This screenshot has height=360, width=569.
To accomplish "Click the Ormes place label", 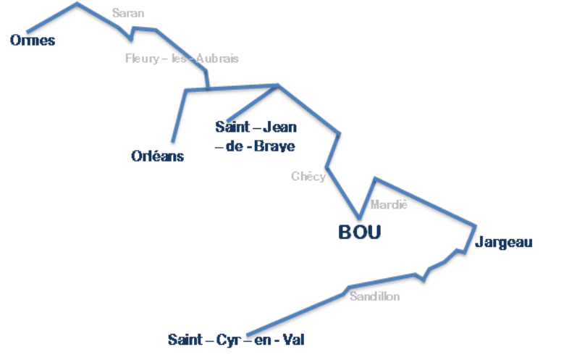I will tap(33, 41).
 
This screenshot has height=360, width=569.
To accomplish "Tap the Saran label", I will tap(128, 13).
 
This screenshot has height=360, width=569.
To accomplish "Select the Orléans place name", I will tap(157, 156).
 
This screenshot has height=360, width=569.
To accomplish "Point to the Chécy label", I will tap(308, 176).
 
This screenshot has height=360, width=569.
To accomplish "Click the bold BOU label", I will tap(360, 233).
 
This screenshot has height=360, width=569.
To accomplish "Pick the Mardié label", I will tap(389, 205).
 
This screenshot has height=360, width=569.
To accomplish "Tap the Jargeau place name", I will tap(505, 243).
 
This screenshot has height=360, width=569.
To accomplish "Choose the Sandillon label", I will tap(374, 297).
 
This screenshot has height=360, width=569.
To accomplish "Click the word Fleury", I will tap(142, 59).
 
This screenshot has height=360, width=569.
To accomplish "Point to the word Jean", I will tap(277, 127).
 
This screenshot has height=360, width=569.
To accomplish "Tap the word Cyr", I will tap(227, 339).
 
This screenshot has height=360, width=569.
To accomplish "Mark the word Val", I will tap(292, 339).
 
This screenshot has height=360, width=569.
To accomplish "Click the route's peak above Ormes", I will tap(77, 4).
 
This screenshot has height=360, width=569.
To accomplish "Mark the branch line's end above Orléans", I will tap(172, 144).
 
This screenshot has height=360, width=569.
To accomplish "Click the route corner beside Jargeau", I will tap(476, 225).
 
